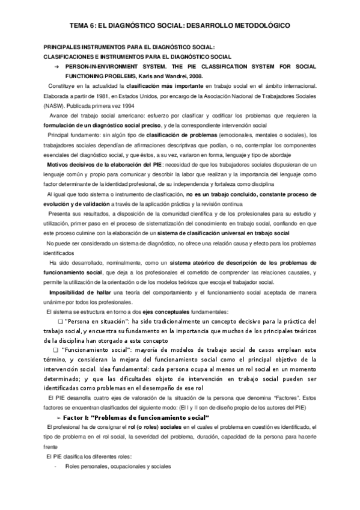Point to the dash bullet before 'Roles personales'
(x=55, y=466)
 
